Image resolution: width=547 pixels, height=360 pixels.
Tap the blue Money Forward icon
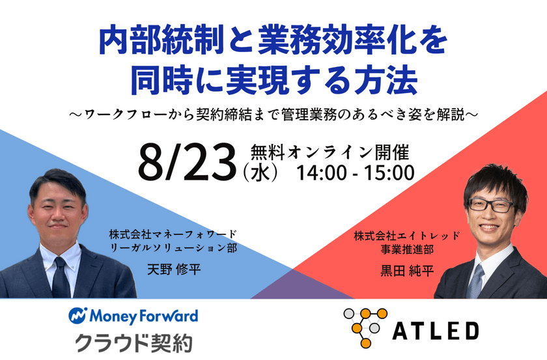78,316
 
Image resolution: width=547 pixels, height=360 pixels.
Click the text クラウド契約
133,342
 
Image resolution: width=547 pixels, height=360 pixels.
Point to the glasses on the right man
490,204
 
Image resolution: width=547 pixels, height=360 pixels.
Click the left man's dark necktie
61,280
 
